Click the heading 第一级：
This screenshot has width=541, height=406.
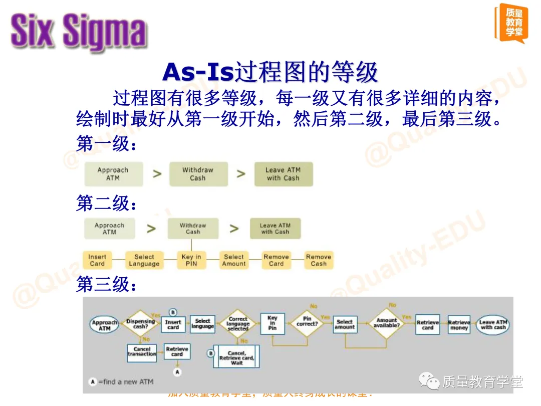[106, 144]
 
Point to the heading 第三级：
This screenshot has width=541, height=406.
[106, 285]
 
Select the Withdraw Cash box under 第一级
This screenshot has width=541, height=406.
[198, 174]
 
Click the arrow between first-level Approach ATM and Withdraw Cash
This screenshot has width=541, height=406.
[157, 174]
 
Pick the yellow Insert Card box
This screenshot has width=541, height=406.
[97, 260]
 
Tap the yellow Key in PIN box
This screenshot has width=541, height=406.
[191, 260]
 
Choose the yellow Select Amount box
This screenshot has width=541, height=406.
[234, 260]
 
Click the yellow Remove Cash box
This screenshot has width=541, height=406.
[319, 260]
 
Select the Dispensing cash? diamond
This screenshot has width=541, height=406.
[140, 324]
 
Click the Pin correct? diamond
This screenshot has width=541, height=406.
[307, 321]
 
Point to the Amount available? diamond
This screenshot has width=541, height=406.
[387, 322]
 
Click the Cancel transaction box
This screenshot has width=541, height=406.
[142, 352]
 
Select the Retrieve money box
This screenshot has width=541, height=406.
[459, 325]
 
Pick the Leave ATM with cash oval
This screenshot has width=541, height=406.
[493, 324]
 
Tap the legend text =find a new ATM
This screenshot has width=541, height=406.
[125, 381]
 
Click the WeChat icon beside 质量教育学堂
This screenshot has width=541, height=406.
[429, 382]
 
